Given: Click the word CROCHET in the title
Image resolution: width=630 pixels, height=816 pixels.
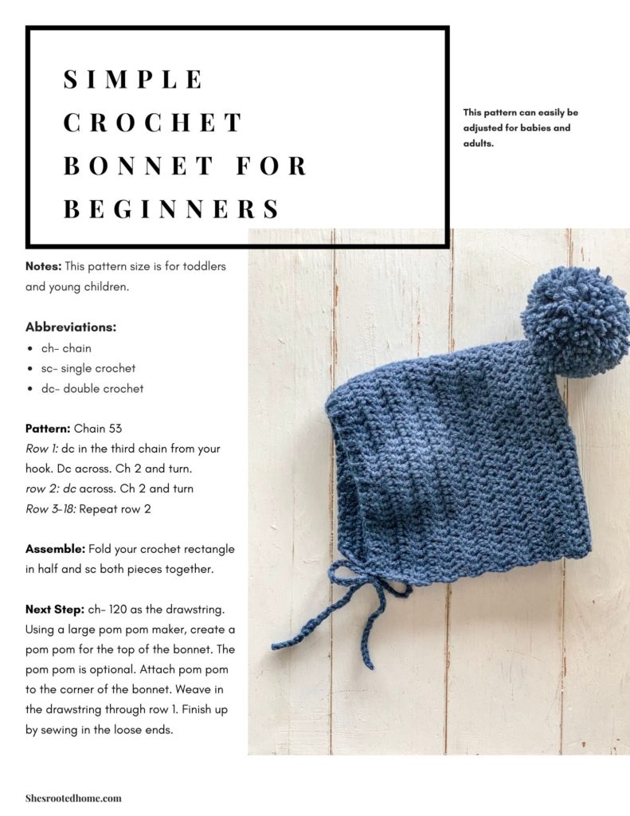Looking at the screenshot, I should click(153, 123).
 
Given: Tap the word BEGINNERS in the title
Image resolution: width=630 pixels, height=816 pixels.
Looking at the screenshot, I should click(171, 209).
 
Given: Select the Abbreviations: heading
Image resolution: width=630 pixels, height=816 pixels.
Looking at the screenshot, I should click(71, 328).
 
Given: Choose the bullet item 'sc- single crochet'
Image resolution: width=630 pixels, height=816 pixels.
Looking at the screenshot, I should click(88, 368).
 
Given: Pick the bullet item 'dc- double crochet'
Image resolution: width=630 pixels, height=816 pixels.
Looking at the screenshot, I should click(92, 389).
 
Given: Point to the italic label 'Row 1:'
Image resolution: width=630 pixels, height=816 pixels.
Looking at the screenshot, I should click(41, 449).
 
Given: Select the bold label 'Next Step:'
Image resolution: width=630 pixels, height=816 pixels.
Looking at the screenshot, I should click(53, 610).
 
